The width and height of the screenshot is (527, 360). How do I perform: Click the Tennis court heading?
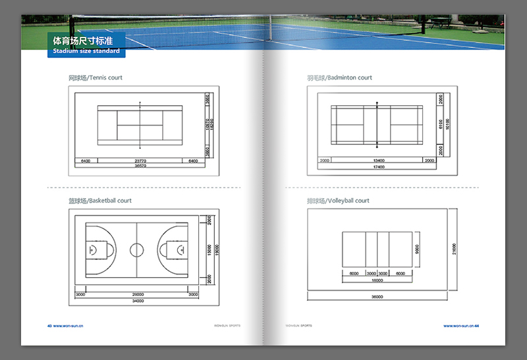[x=96, y=78]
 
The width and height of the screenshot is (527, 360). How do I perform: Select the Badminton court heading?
[x=339, y=78]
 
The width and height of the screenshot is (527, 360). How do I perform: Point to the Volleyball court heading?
[x=338, y=200]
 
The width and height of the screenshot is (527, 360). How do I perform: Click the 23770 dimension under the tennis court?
[x=140, y=161]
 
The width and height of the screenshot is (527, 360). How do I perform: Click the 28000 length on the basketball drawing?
[x=137, y=294]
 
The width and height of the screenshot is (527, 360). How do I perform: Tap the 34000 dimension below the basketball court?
[x=137, y=301]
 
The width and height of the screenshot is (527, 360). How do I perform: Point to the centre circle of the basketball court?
[x=136, y=249]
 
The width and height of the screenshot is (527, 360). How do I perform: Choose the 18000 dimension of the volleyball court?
[x=377, y=280]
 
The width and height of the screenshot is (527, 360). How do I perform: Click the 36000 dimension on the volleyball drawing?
[x=377, y=297]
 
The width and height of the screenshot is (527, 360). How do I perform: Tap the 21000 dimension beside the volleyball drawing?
[x=455, y=249]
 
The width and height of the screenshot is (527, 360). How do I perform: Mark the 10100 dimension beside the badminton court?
[x=448, y=124]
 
